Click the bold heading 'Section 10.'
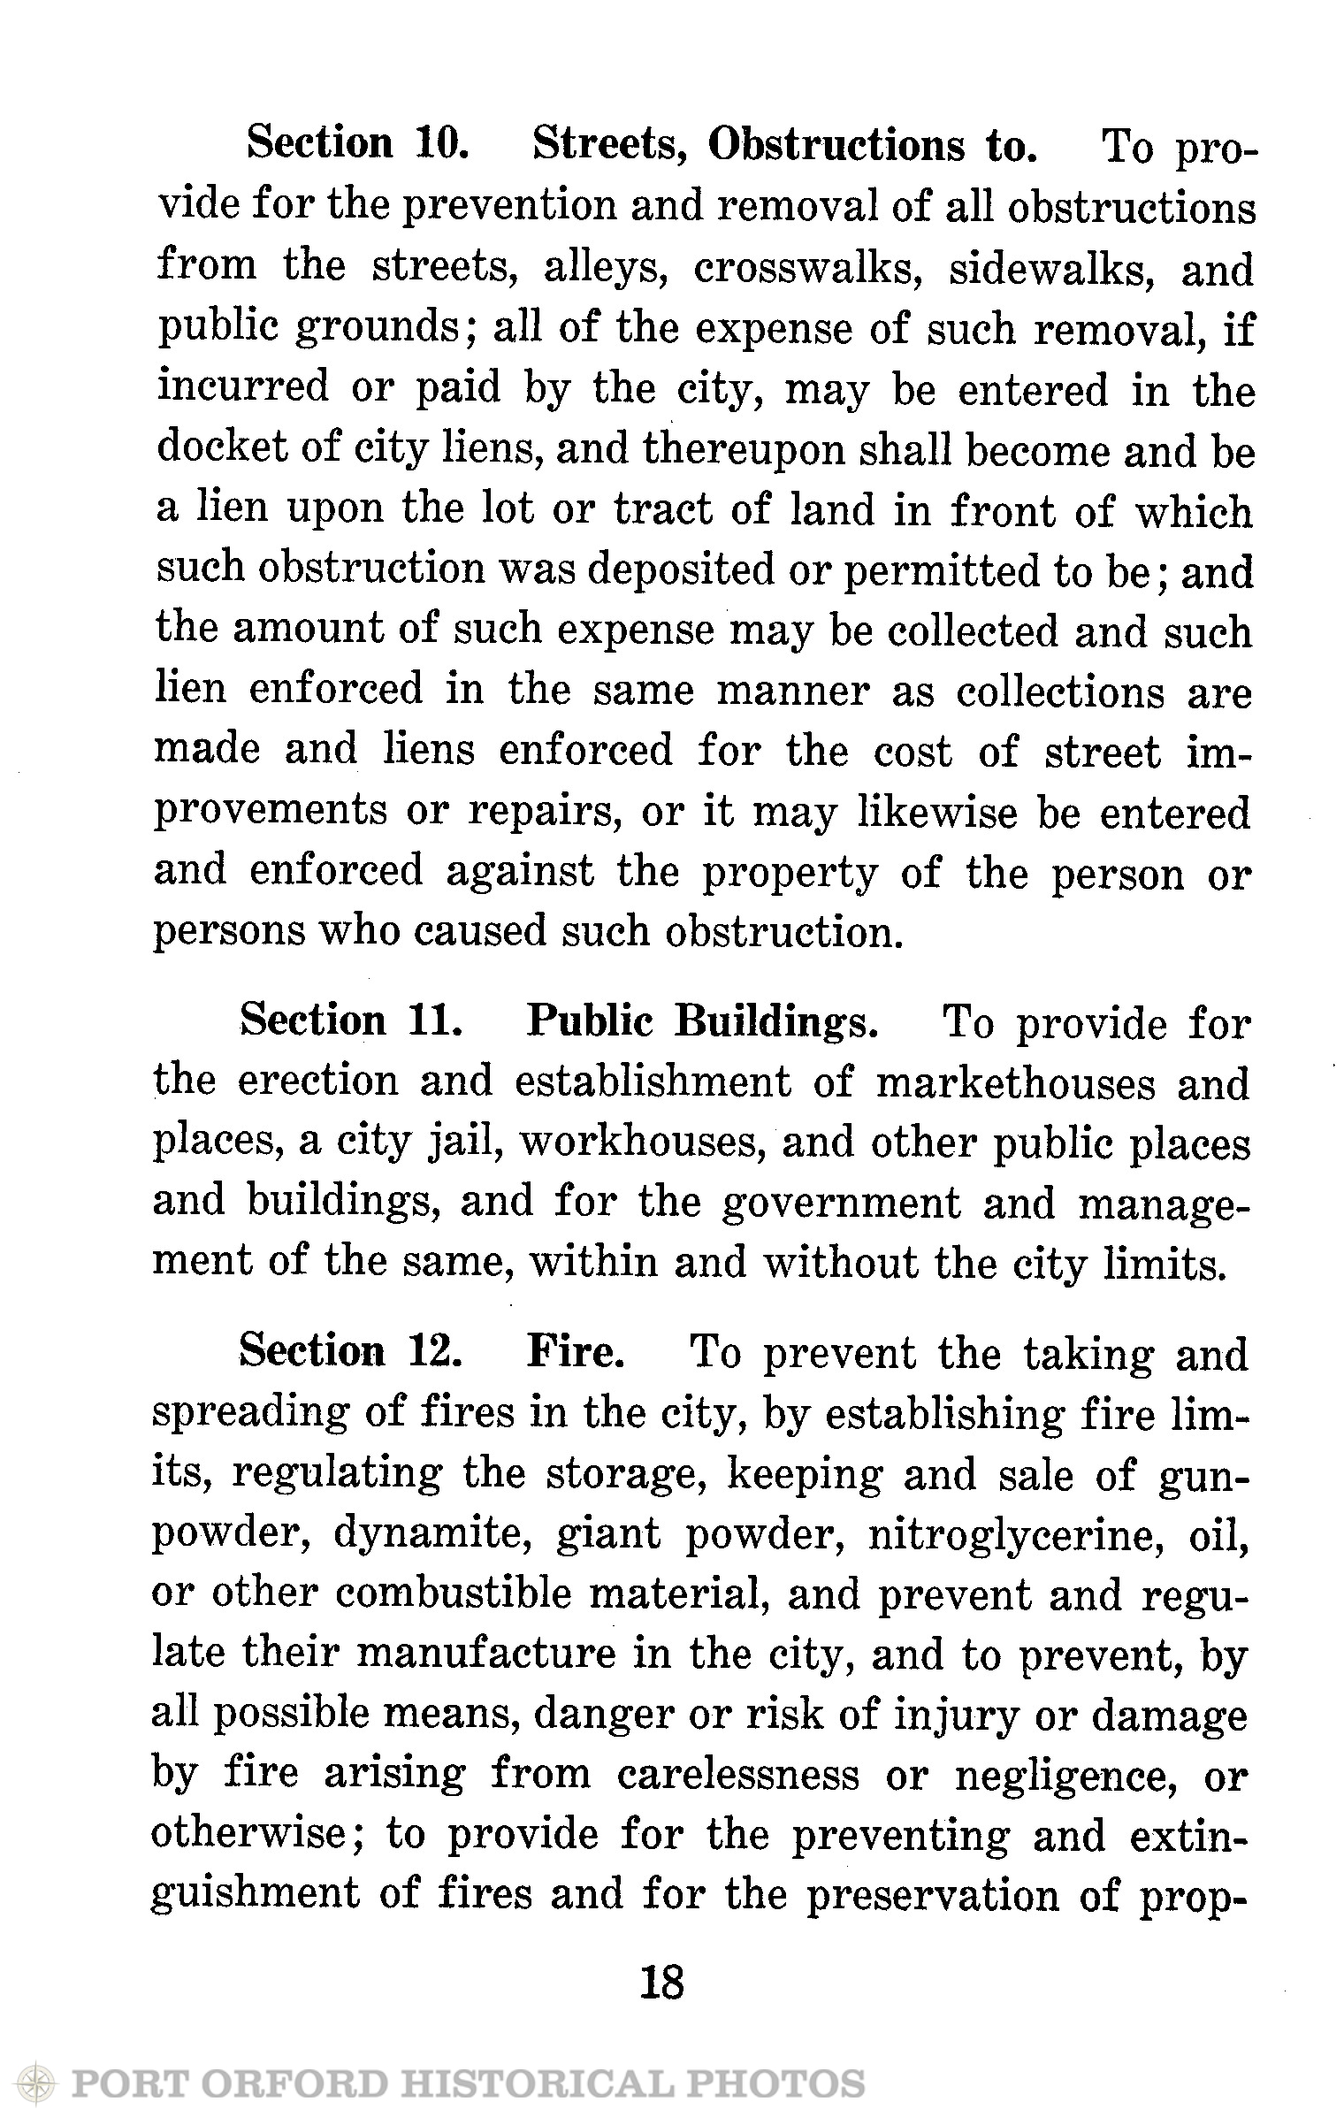[355, 142]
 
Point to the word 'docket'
[210, 451]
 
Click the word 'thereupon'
[745, 451]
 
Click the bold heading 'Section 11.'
[351, 1021]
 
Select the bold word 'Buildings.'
[776, 1021]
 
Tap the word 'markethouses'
[1015, 1083]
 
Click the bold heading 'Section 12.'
[348, 1352]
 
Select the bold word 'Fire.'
[577, 1352]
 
